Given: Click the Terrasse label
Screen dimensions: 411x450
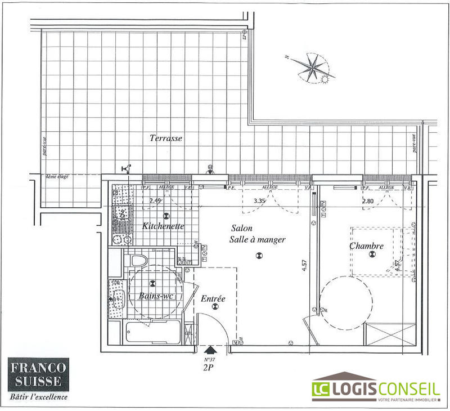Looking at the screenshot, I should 166,138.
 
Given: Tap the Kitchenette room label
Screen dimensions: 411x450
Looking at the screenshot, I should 164,226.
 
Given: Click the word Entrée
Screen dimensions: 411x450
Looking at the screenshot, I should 213,298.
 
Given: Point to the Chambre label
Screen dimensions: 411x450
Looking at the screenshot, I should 367,246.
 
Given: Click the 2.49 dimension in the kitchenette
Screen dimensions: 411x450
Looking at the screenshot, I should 156,200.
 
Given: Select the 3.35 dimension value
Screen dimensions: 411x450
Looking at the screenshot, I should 259,200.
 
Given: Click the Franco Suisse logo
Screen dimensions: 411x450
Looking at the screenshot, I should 38,378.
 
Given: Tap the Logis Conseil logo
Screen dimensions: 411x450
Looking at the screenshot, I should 376,389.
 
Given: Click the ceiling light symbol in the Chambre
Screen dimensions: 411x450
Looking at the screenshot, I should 371,254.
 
